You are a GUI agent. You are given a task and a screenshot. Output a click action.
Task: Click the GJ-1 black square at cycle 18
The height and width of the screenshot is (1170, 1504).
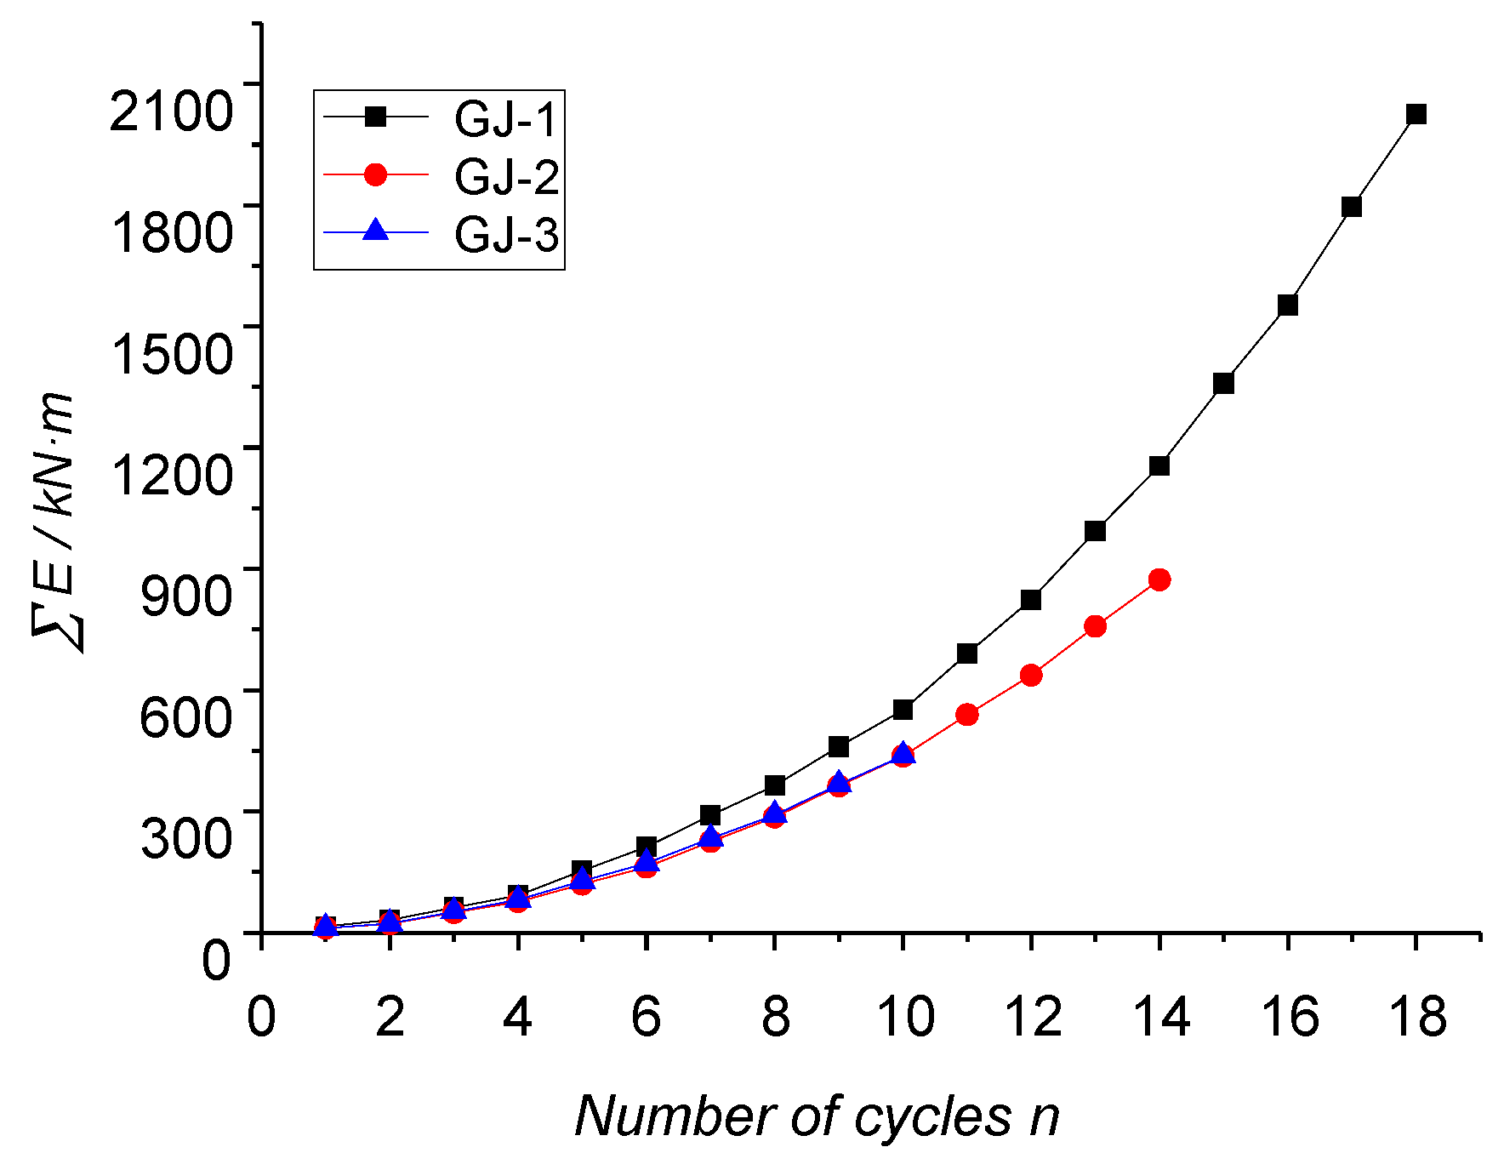(x=1416, y=114)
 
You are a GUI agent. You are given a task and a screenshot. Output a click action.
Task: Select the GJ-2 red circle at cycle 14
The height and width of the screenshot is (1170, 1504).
(x=1159, y=579)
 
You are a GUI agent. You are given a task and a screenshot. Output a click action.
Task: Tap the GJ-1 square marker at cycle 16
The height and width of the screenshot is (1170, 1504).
(x=1287, y=305)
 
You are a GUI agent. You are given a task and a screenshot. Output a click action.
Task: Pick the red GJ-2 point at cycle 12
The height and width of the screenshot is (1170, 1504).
(x=1030, y=675)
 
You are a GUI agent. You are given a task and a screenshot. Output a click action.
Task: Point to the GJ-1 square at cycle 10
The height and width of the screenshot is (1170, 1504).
(x=903, y=709)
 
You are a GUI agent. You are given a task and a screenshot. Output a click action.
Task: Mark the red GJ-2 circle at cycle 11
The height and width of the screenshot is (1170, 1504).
(x=966, y=714)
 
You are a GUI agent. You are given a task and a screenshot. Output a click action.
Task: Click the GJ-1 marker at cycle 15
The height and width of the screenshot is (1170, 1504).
(x=1223, y=383)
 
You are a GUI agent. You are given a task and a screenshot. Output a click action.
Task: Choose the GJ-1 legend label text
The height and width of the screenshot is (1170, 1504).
(x=505, y=118)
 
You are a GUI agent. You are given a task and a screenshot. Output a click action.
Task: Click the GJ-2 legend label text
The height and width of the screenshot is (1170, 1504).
(x=505, y=176)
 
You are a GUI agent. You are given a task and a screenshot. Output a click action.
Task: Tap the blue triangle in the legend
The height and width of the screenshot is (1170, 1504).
(x=375, y=230)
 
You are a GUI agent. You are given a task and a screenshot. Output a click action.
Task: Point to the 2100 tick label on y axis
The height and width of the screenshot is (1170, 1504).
(x=171, y=111)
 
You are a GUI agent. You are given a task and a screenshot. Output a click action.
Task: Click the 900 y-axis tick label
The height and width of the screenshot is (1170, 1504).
(x=185, y=594)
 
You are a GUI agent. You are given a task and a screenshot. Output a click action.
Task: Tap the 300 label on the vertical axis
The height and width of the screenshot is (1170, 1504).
(x=185, y=836)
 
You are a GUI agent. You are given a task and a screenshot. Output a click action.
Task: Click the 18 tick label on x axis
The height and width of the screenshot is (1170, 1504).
(x=1417, y=1016)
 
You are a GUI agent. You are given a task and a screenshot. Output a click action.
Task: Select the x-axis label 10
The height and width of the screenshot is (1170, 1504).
(x=904, y=1016)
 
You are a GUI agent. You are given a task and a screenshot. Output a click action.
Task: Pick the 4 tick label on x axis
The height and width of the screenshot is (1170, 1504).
(x=517, y=1016)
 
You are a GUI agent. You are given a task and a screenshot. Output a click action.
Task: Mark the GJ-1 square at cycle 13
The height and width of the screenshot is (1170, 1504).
(x=1095, y=531)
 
